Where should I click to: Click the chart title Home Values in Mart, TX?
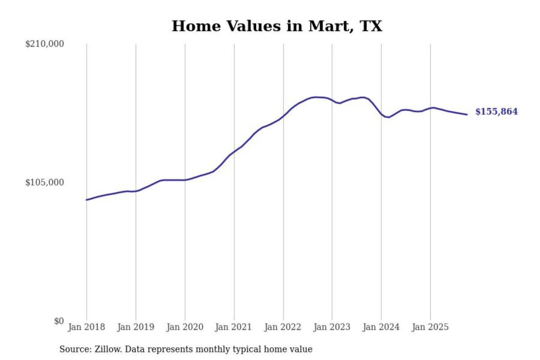click(277, 26)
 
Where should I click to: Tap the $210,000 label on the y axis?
click(45, 44)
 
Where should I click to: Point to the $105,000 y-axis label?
click(45, 182)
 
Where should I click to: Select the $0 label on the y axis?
click(59, 321)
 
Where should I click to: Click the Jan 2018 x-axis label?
click(86, 327)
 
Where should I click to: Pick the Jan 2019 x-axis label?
click(135, 327)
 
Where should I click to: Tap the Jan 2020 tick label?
click(184, 327)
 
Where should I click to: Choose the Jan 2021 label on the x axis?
click(233, 327)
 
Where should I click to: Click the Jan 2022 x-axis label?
click(282, 327)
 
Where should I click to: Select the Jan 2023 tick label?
click(331, 327)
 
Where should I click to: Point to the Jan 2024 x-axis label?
click(381, 327)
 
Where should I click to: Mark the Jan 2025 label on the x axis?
click(430, 327)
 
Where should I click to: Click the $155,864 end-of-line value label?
click(496, 112)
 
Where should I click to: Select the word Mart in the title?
click(330, 26)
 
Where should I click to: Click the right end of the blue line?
click(467, 114)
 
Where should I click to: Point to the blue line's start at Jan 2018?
click(87, 200)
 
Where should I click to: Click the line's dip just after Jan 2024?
click(389, 117)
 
